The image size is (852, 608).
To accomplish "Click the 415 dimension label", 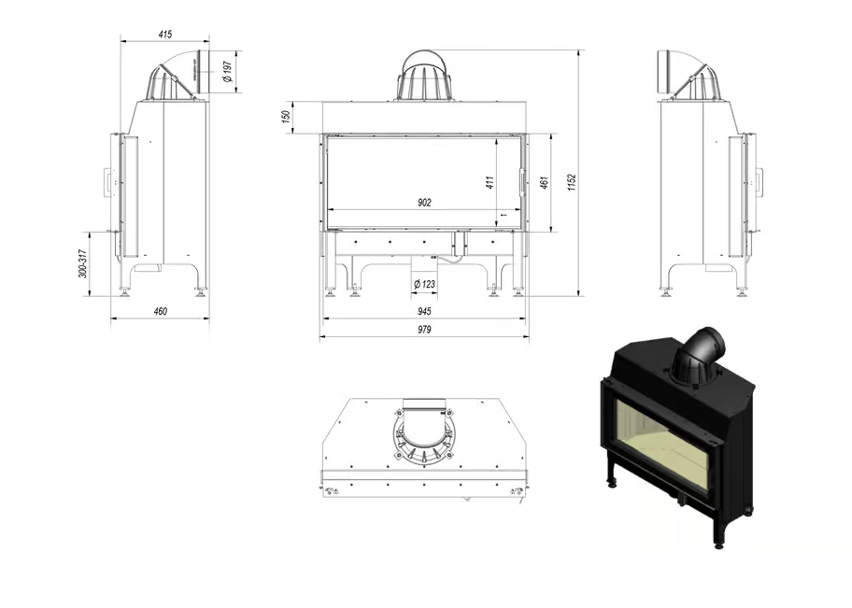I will (x=164, y=35).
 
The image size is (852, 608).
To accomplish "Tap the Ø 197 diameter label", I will (x=228, y=72).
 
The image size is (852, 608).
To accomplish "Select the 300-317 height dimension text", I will (x=83, y=264).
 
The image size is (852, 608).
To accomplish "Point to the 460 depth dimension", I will (x=160, y=311).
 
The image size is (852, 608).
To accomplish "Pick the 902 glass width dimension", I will (x=424, y=203).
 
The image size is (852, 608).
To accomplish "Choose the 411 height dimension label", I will (x=489, y=182).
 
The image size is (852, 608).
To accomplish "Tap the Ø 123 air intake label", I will (x=424, y=284).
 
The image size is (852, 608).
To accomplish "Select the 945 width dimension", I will (x=424, y=311).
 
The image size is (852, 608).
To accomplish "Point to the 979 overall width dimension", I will (x=424, y=329).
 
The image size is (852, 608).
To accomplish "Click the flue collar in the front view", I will (x=425, y=77).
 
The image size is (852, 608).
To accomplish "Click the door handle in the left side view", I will (x=106, y=182).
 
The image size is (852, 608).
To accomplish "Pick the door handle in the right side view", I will (x=759, y=182).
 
